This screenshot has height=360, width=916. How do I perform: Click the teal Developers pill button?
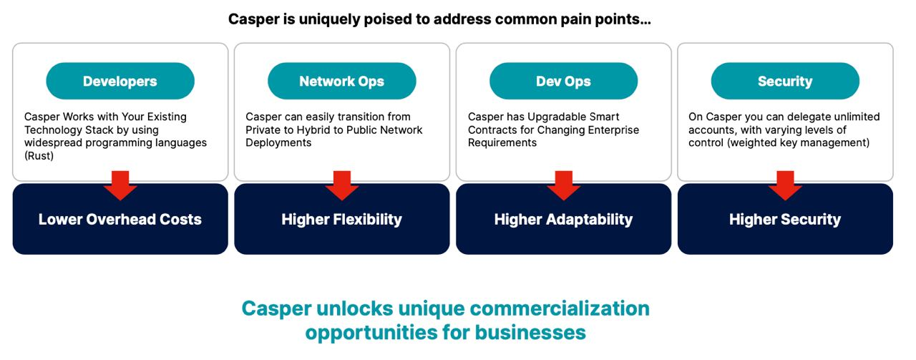pos(120,81)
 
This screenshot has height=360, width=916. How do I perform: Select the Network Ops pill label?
pos(342,81)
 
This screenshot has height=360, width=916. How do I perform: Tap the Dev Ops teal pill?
pos(563,81)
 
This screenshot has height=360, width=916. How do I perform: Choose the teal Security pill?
pos(785,81)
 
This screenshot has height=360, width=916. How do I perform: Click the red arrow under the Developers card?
pos(120,185)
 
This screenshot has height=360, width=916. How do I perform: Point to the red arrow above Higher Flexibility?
pos(342,185)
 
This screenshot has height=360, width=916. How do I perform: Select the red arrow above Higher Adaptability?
pos(563,185)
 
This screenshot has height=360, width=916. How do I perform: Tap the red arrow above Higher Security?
pos(785,185)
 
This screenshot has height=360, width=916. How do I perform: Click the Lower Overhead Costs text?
pos(120,220)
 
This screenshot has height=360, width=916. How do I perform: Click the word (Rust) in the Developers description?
pos(39,156)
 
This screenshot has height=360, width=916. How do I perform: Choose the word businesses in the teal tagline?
pos(530,332)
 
